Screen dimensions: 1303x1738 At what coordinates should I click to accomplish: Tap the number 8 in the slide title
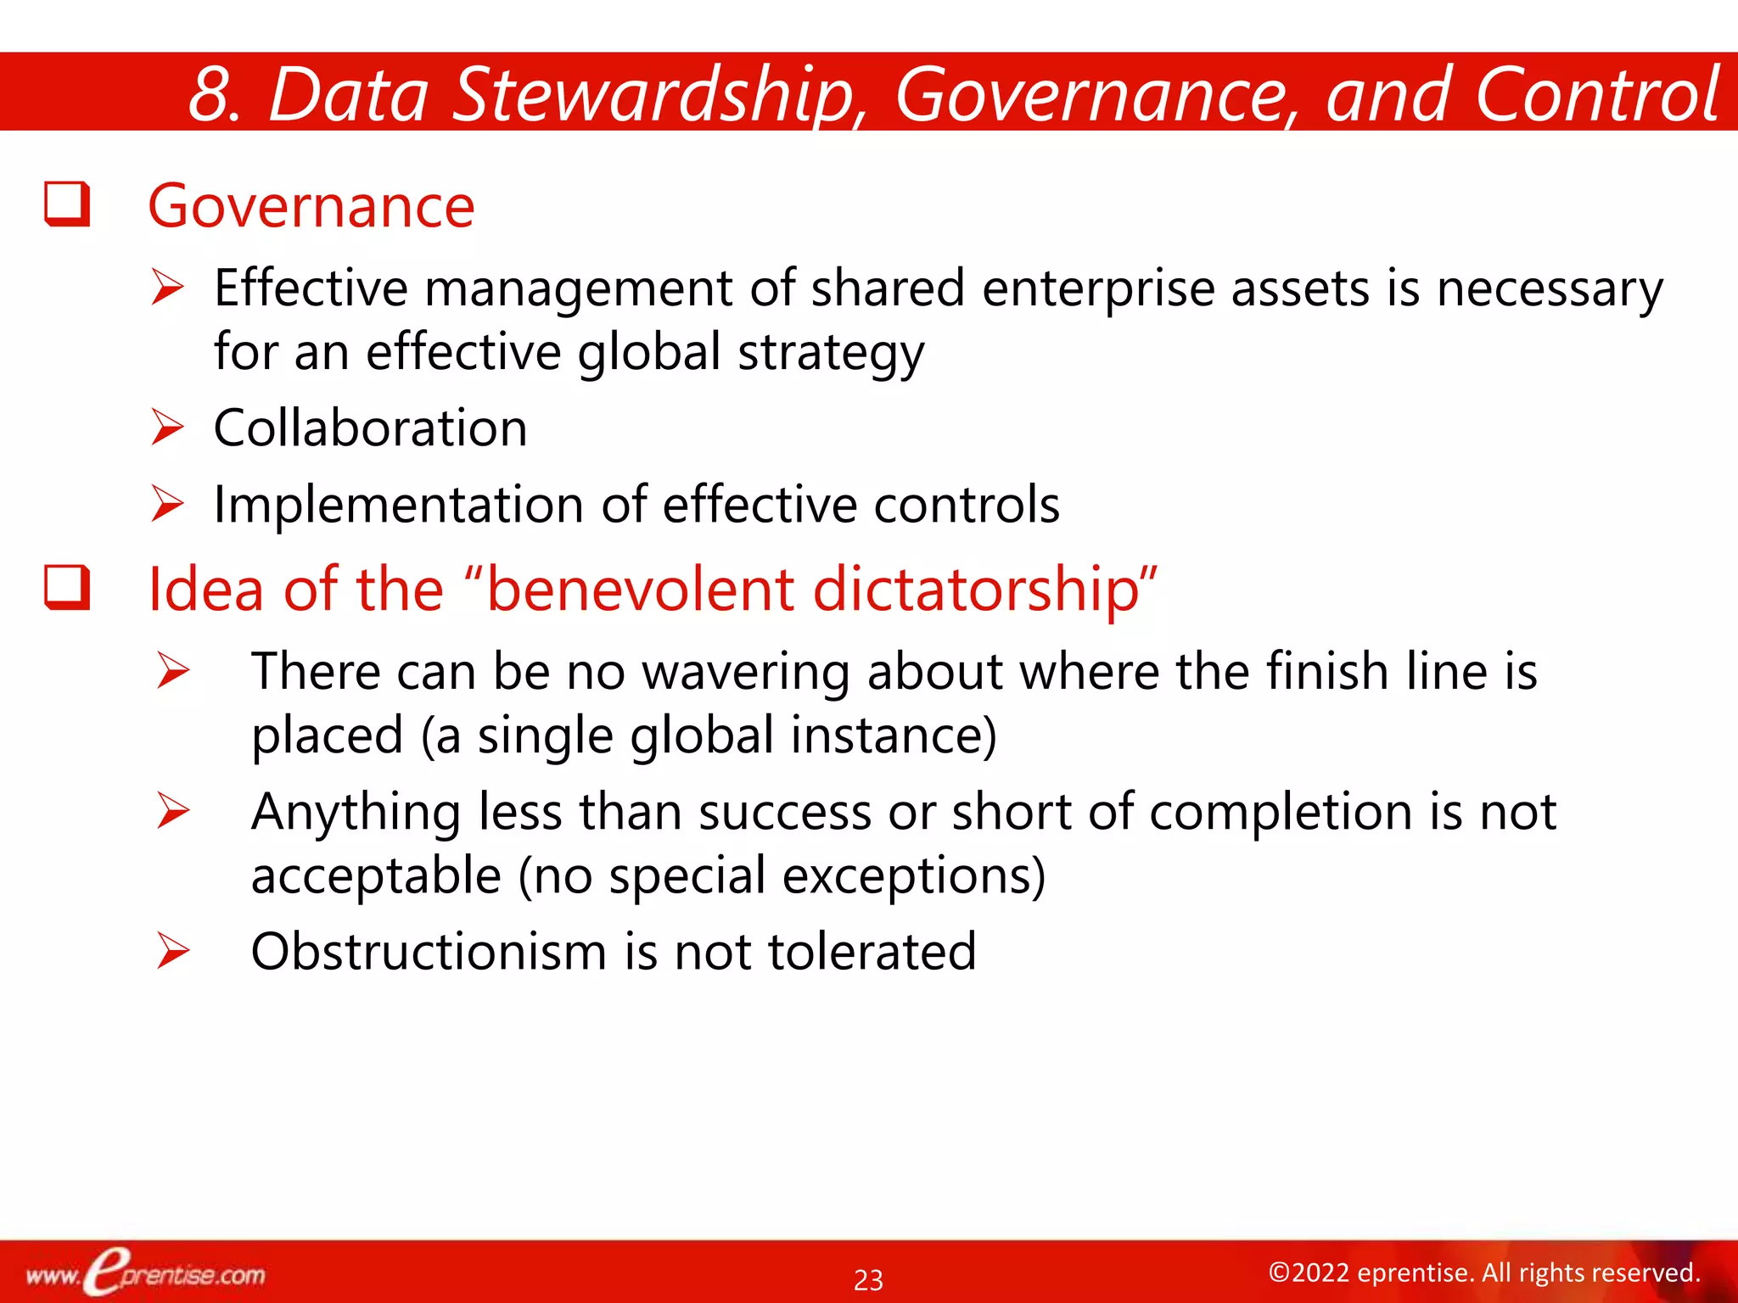(x=210, y=95)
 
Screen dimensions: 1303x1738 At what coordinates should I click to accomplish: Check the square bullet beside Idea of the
(x=67, y=587)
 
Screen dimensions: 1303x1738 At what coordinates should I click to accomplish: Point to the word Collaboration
(x=370, y=428)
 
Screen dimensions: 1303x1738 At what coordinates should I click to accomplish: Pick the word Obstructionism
(x=429, y=951)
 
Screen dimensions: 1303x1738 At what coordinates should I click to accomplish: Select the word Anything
(x=356, y=812)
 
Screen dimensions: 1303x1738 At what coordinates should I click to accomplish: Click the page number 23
(x=868, y=1279)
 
